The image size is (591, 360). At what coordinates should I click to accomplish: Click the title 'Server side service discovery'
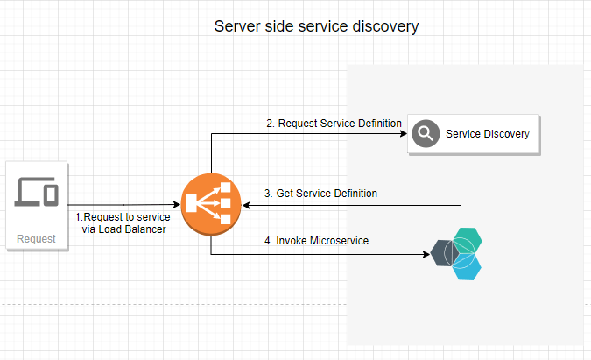tap(316, 26)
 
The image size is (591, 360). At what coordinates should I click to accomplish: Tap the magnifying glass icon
tap(426, 134)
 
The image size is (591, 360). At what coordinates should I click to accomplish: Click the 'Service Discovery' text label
tap(488, 134)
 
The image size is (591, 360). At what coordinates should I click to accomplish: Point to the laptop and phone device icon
tap(37, 193)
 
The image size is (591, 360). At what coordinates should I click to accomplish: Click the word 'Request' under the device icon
tap(37, 238)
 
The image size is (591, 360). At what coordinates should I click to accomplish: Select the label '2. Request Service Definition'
tap(334, 124)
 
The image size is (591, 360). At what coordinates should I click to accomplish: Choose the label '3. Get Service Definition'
tap(320, 193)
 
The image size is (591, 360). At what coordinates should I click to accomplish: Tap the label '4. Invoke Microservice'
tap(316, 240)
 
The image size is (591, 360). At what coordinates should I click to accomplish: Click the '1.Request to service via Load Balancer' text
tap(122, 222)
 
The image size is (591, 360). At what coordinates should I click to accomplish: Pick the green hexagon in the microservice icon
tap(470, 239)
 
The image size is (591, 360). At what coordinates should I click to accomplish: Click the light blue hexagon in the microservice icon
tap(470, 267)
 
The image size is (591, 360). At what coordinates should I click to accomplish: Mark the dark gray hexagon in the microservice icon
tap(445, 254)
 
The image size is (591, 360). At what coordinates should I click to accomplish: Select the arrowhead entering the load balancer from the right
tap(246, 206)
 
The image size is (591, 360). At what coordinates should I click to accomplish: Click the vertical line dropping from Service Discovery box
tap(461, 180)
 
